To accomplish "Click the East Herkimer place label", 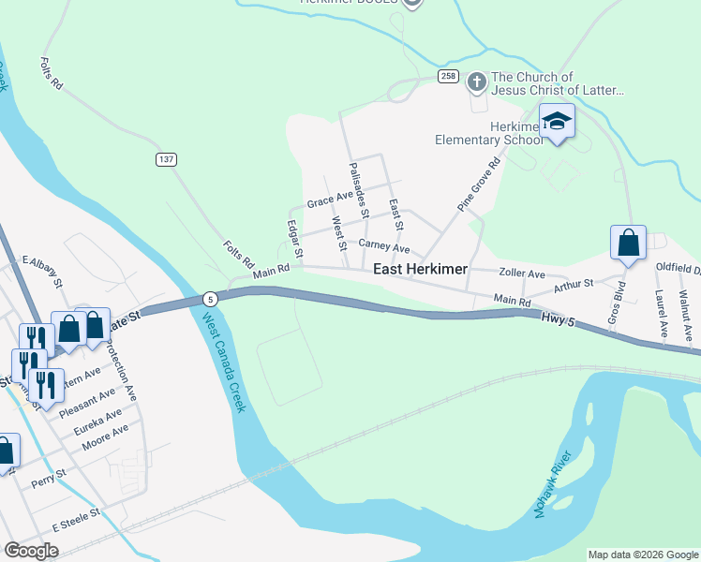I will coord(420,269).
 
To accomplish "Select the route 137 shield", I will coord(166,159).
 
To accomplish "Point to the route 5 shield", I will coord(211,299).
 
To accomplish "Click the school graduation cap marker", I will coord(557,122).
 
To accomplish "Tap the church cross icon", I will coord(476,81).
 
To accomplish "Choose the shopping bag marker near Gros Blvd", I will coord(629,243).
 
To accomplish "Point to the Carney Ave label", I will coord(384,248).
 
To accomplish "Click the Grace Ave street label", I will coord(329,200).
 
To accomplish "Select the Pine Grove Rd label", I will coord(479,183).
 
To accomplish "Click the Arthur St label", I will coord(574,284).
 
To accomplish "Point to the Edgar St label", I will coord(294,240).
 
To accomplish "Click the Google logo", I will coord(32,551).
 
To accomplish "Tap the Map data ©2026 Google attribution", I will coord(642,555).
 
